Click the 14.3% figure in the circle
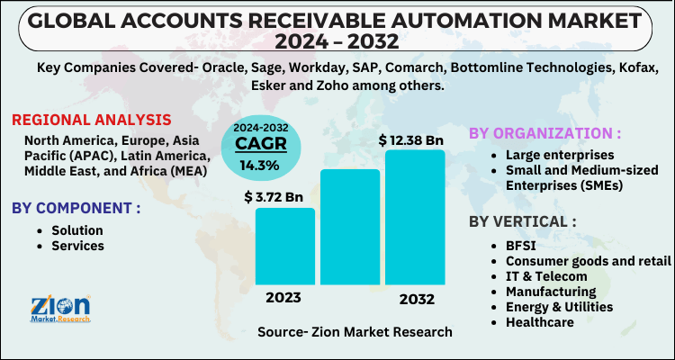pos(259,166)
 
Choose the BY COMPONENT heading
pos(76,208)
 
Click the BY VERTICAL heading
pos(523,221)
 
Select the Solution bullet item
pos(76,230)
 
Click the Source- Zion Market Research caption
pos(355,332)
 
